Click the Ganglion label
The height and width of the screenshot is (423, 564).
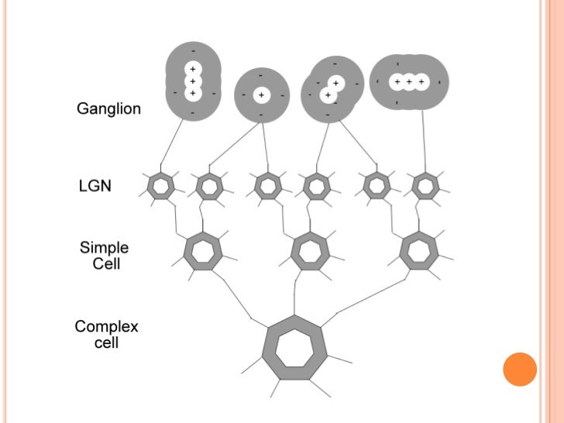[108, 109]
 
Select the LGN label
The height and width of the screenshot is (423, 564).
[96, 187]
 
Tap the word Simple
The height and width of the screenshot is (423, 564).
[105, 248]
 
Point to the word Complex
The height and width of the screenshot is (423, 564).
[106, 326]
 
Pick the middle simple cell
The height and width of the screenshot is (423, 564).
[309, 250]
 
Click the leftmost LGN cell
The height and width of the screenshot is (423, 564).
[161, 186]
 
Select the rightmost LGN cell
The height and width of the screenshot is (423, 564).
[425, 186]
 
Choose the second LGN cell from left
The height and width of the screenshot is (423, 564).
[208, 186]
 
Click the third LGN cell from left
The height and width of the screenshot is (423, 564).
[267, 186]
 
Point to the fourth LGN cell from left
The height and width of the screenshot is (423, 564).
[315, 186]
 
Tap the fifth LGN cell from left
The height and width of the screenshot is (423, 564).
[377, 186]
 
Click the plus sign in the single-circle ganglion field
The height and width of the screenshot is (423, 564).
[262, 95]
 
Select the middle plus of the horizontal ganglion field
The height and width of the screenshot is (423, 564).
[409, 81]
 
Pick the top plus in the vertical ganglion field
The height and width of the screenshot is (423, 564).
[192, 69]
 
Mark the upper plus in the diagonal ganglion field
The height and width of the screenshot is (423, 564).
[335, 83]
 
